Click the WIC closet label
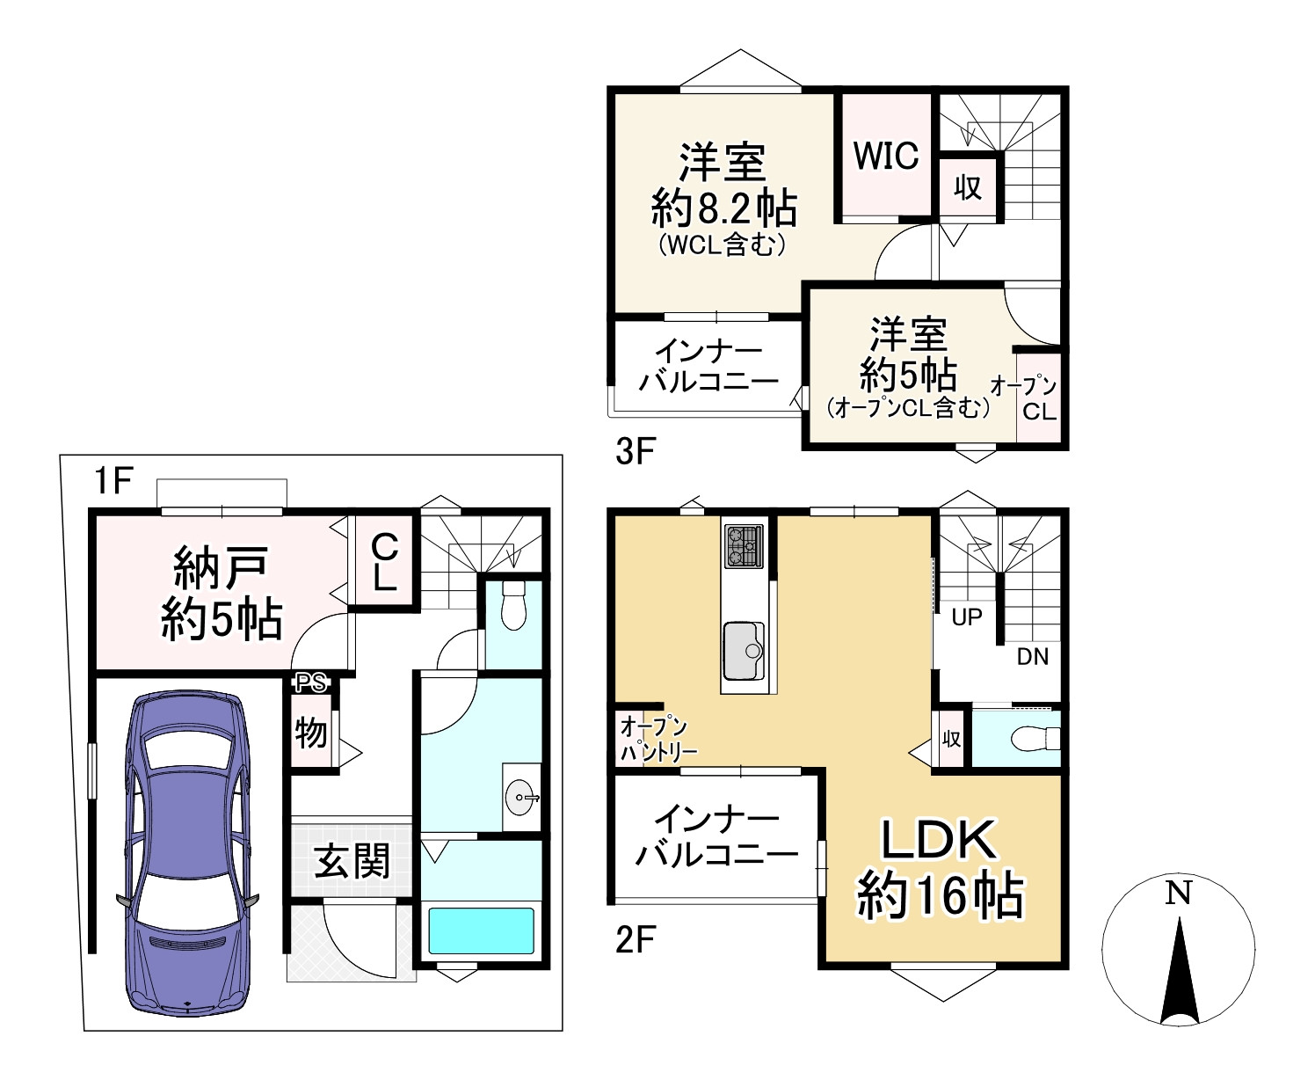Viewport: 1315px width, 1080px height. coord(886,156)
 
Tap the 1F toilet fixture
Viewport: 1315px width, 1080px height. coord(512,606)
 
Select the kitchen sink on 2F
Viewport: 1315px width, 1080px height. coord(744,651)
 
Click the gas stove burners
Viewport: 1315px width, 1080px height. coord(744,546)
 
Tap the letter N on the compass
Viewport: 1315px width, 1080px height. coord(1178,894)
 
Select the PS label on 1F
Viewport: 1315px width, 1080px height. coord(309,682)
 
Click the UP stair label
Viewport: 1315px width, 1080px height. coord(967,617)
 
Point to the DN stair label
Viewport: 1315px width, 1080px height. coord(1033,656)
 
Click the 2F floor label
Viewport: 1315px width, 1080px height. coord(636,941)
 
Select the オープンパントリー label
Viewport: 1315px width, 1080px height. coord(657,739)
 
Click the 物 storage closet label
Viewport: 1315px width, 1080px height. coord(310,732)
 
